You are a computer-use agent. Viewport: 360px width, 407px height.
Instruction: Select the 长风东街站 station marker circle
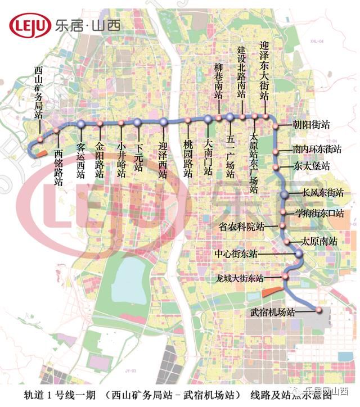pos(285,195)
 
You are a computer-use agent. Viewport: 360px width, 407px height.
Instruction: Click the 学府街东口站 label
pos(319,214)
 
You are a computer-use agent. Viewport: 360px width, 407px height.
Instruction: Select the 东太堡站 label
pos(311,166)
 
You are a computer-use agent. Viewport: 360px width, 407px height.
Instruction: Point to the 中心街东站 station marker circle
pos(299,254)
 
